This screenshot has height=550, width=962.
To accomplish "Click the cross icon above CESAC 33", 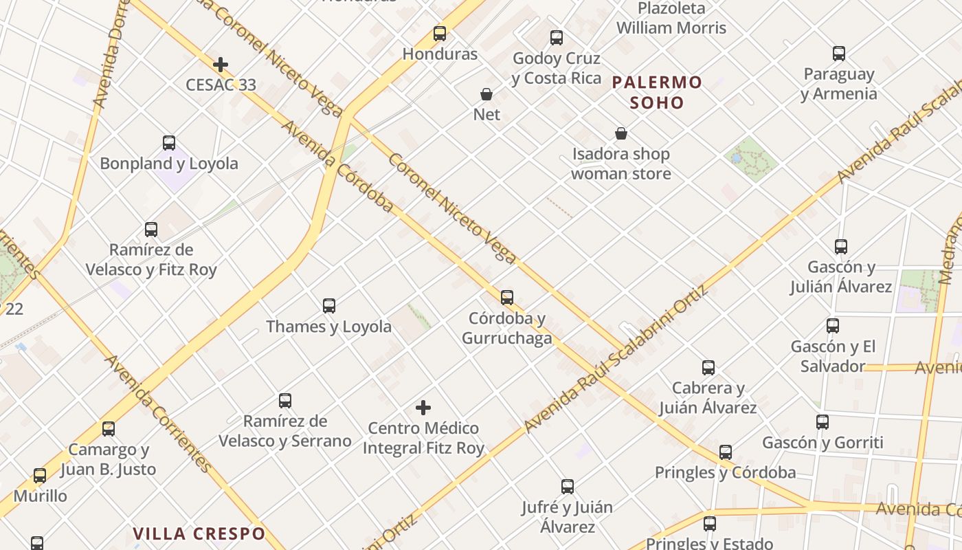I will coord(221,65).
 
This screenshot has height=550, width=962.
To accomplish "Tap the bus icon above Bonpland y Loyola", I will coord(169,143).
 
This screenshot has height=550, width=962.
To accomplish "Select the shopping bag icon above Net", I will coord(486,94).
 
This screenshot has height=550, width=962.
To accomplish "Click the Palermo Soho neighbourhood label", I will coord(657,93).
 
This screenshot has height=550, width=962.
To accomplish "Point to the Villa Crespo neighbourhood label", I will coord(199,533).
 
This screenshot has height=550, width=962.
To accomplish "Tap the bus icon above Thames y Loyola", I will coord(329,306).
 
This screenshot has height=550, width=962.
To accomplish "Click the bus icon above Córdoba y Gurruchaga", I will coord(507,298).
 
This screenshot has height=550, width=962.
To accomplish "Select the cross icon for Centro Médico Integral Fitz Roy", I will coord(423,408).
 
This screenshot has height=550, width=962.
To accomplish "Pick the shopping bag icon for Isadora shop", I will coord(621,133).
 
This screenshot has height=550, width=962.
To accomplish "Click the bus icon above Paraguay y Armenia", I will coord(839,54).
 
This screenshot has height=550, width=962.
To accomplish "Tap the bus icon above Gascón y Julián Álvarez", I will coord(841,246).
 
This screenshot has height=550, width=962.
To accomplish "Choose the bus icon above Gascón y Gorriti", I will coord(823,422).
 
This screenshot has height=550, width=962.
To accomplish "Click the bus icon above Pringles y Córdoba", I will coord(726,452).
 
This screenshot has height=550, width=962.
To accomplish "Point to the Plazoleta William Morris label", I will coord(671,19).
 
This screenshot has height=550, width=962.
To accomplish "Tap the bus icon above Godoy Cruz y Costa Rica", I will coord(557,38).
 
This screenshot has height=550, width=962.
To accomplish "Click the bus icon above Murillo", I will coord(40,476).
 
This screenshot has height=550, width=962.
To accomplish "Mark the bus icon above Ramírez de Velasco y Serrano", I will coord(285,401).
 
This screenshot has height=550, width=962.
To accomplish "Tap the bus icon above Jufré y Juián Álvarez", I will coord(568,487).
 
